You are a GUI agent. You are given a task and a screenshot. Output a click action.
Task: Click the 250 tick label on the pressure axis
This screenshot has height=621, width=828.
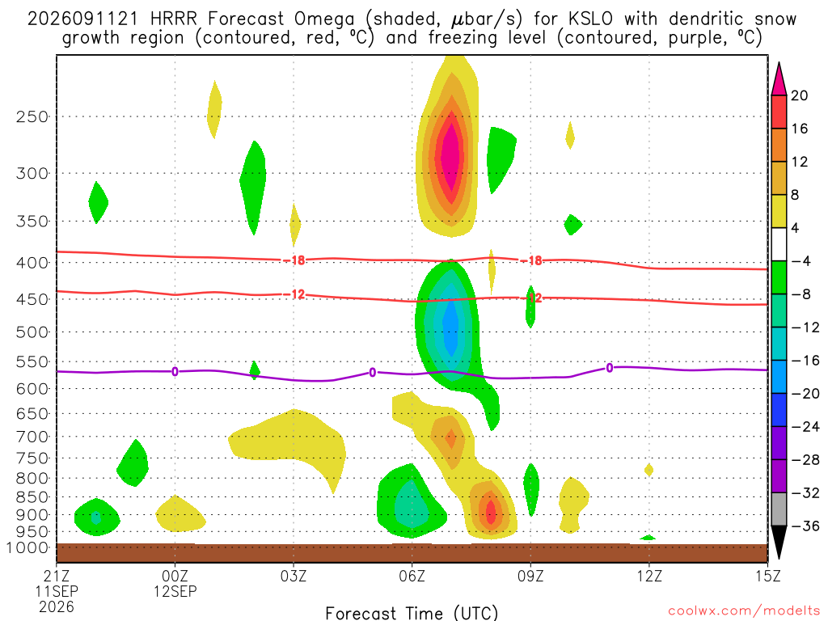[32, 116]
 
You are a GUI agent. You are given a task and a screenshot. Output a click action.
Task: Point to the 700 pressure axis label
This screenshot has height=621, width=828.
[32, 437]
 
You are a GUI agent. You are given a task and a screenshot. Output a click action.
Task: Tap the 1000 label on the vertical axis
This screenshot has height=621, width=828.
[27, 547]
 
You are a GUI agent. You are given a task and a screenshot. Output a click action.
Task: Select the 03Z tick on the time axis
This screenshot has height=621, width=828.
[293, 576]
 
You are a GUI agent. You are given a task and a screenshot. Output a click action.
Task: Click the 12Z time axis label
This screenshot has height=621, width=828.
[649, 576]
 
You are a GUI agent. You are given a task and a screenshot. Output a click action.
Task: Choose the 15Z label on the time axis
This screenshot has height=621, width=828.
[767, 576]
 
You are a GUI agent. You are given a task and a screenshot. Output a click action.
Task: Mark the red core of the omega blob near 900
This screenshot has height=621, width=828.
[491, 511]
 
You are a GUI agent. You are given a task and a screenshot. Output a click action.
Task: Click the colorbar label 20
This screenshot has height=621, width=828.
[799, 95]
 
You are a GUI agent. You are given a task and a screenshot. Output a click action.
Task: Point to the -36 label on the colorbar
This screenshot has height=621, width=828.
[805, 526]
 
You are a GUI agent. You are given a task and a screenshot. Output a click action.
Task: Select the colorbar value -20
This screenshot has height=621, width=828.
[805, 394]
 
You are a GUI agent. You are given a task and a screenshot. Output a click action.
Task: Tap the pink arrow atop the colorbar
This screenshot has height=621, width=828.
[779, 79]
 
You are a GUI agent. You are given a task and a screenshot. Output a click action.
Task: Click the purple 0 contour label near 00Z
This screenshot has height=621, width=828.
[175, 372]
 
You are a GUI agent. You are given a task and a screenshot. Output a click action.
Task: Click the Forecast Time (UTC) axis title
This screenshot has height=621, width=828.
[412, 613]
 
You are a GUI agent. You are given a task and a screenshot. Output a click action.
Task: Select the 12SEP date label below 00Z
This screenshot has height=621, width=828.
[175, 591]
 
